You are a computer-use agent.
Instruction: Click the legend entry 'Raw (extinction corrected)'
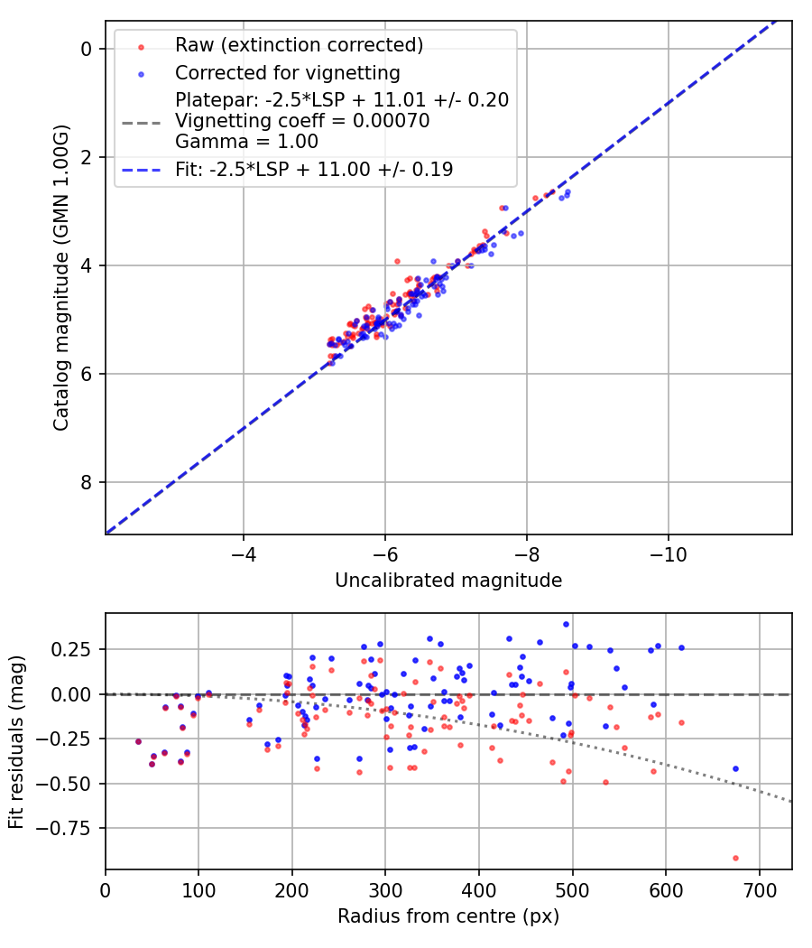click(299, 45)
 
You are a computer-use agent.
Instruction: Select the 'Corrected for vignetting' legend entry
click(288, 72)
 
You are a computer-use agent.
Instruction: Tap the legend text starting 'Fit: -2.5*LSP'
click(314, 169)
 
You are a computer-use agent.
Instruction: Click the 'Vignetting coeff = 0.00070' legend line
click(302, 121)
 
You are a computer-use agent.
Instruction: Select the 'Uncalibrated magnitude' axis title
click(448, 581)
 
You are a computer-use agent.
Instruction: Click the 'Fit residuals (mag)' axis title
click(16, 741)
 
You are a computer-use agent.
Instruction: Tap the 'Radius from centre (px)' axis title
click(448, 916)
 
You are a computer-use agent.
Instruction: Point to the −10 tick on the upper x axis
click(668, 551)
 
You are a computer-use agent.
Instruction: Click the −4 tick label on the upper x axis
click(243, 551)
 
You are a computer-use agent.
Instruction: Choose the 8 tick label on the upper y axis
click(87, 482)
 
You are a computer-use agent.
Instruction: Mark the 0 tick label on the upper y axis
click(87, 49)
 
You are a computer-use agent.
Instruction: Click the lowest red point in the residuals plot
click(735, 858)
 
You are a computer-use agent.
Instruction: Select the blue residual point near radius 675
click(735, 768)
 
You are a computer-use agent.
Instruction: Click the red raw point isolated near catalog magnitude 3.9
click(397, 261)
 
